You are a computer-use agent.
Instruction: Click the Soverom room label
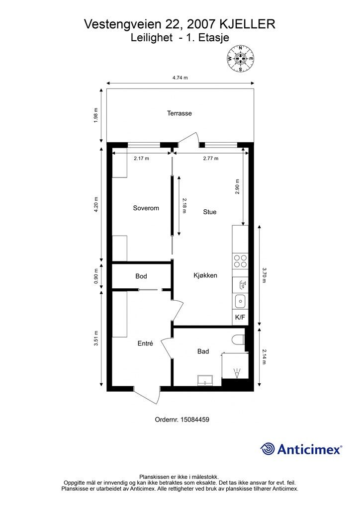(x=146, y=208)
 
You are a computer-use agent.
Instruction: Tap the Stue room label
(x=210, y=212)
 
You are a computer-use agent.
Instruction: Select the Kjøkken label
(x=205, y=275)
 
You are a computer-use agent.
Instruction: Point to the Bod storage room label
(x=141, y=276)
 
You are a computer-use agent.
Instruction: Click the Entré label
(x=145, y=343)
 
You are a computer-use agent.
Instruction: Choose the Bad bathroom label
(x=203, y=351)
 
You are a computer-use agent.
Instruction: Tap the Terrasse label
(x=179, y=113)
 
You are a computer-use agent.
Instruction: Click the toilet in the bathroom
(x=238, y=339)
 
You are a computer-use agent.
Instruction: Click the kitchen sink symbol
(x=240, y=301)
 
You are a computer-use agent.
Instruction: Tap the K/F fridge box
(x=240, y=317)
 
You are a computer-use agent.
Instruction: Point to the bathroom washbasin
(x=205, y=380)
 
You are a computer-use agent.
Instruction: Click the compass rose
(x=241, y=59)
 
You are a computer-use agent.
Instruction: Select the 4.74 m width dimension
(x=180, y=78)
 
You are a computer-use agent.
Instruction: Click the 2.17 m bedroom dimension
(x=142, y=159)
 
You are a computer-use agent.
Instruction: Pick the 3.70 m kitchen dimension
(x=264, y=275)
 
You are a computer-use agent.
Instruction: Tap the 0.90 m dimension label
(x=96, y=276)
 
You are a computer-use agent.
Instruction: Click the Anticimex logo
(x=301, y=449)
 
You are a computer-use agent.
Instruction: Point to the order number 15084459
(x=182, y=420)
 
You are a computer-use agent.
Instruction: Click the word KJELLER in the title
(x=248, y=24)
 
